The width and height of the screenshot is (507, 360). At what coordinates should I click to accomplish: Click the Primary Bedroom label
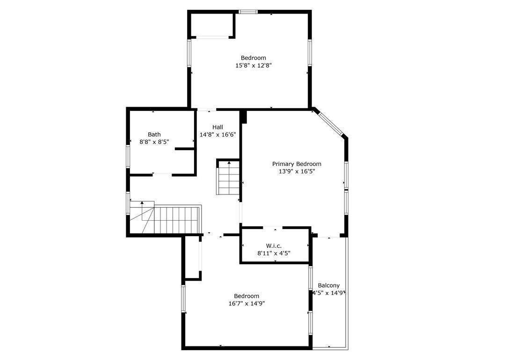(297, 164)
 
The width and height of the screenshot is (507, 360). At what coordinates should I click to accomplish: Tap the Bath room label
(154, 134)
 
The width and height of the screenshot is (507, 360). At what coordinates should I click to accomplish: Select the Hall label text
(217, 127)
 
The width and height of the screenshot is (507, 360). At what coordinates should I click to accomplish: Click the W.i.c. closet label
(274, 245)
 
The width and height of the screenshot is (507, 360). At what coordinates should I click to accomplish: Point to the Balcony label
(328, 285)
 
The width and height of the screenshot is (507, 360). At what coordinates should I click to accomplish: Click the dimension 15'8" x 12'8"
(253, 66)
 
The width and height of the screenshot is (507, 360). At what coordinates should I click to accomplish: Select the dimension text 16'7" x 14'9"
(246, 303)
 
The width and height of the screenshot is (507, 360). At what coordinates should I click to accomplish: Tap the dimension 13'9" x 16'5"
(297, 172)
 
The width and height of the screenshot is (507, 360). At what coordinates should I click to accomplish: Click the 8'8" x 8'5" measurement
(154, 142)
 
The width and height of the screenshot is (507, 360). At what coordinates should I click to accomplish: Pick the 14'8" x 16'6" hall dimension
(217, 135)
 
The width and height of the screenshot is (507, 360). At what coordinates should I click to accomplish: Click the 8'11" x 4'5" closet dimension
(274, 253)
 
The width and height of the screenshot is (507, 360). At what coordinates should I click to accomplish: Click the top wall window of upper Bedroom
(248, 12)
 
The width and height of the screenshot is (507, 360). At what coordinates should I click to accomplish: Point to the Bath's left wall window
(128, 156)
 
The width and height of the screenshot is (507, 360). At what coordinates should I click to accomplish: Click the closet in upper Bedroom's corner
(211, 25)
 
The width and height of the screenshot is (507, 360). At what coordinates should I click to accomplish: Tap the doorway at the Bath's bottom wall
(162, 174)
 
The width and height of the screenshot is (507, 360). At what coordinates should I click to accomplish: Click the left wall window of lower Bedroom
(183, 298)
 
